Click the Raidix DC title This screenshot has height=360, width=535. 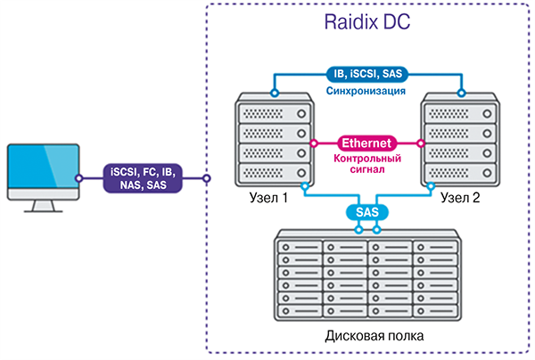pos(366,24)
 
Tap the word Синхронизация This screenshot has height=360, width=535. pos(366,92)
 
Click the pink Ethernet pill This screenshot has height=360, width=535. pos(366,143)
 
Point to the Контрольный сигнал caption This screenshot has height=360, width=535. pos(366,164)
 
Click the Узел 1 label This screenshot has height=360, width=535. pos(268,198)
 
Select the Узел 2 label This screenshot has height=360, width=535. pos(461,198)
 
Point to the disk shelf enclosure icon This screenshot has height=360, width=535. pos(366,278)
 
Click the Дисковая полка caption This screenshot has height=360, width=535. pos(366,337)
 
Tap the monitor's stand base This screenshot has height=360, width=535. pos(41,209)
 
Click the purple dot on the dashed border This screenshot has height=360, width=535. pos(207,178)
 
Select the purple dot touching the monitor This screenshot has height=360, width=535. pos(78,178)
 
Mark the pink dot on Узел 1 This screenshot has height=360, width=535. pos(315,143)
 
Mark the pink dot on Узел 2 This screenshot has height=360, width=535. pos(420,143)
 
